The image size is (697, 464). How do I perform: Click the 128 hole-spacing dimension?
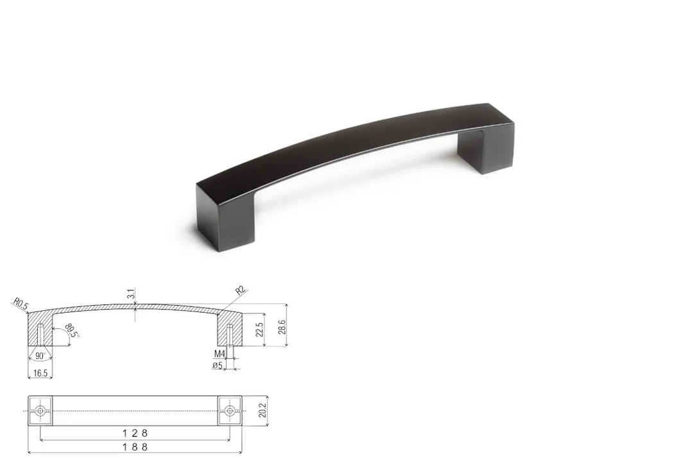[135, 433]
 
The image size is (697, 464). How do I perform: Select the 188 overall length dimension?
[135, 447]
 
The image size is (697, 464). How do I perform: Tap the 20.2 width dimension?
[262, 410]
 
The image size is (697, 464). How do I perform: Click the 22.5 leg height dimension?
[259, 330]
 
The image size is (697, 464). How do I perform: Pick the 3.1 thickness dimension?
[131, 294]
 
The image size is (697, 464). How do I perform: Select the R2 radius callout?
[240, 291]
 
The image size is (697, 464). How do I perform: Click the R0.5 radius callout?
[21, 304]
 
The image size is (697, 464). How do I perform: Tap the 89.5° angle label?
[72, 331]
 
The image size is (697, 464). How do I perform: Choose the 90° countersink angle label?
[40, 356]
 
